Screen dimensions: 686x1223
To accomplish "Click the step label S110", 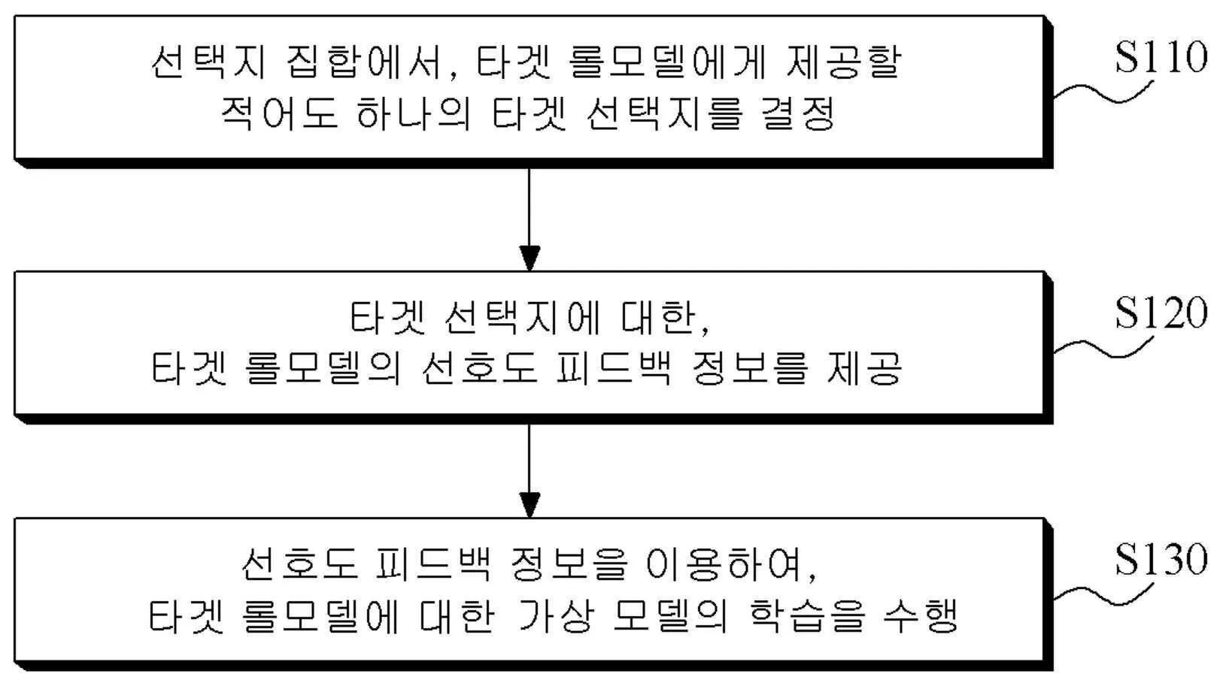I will tap(1161, 57).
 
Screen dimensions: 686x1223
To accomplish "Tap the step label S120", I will tap(1161, 313).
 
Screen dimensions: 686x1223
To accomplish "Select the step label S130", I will tap(1161, 560).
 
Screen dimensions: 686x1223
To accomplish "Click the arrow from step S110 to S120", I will tap(530, 217).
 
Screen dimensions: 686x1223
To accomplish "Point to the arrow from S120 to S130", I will tap(530, 470).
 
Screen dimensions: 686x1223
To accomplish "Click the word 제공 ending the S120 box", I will tap(864, 368).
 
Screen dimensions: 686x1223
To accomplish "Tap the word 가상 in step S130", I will tap(557, 616).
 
